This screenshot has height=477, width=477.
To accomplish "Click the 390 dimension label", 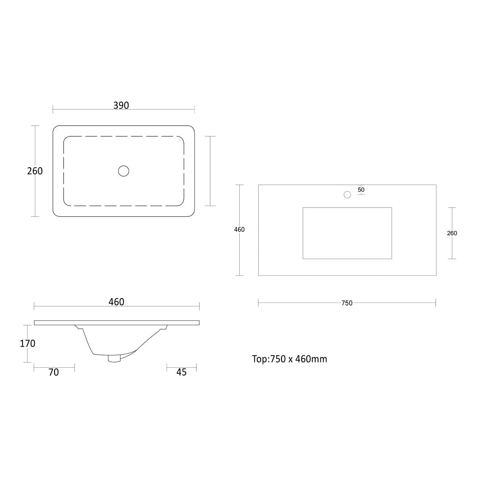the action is (x=121, y=105).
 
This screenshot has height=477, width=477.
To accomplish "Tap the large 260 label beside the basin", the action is (x=35, y=171).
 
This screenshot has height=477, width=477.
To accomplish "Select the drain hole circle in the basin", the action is (x=124, y=171).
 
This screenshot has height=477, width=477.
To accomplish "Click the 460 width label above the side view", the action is (x=116, y=302).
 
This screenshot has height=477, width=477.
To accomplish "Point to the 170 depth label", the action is (x=27, y=343).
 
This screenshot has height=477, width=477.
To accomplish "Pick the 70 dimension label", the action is (x=54, y=372).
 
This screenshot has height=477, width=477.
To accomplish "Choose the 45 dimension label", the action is (x=181, y=372).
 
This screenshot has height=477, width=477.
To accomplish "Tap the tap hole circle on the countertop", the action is (x=347, y=194).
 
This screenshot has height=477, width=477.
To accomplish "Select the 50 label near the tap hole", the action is (x=361, y=190).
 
